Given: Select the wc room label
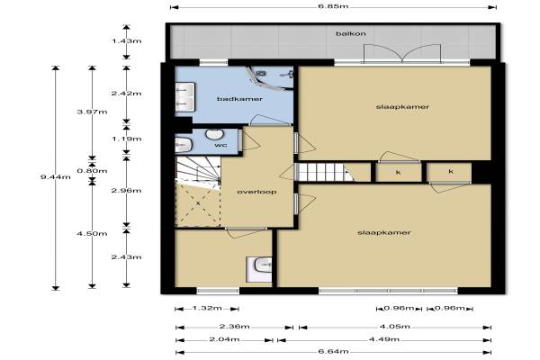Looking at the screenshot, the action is point(220,145).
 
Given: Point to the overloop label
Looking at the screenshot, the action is point(256,192).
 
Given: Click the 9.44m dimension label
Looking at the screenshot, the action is point(56,177).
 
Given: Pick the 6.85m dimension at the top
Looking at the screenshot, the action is point(333,6).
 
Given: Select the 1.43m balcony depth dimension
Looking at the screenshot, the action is point(126,41).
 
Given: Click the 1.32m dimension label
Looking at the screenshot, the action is point(207,308).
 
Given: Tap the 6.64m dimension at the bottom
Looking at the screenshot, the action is point(333,351).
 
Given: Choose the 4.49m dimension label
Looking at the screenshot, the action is point(384,339).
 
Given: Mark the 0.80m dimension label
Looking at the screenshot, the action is point(92,171).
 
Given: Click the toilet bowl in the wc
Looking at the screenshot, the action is point(183,145).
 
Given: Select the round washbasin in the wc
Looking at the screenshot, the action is point(214,134).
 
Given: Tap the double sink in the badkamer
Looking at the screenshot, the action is point(184,97).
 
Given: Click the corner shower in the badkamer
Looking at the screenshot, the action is point(271,78).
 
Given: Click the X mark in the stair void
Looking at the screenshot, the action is point(198,203).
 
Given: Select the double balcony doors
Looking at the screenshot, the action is point(402,54).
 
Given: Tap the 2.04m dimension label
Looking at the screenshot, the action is point(224,339).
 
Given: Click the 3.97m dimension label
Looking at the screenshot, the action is point(92,112).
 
